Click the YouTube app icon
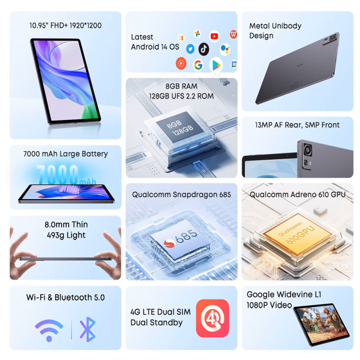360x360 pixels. [214, 36]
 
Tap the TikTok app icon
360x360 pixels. [204, 49]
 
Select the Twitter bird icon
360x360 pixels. [190, 49]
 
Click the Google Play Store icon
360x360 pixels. [216, 65]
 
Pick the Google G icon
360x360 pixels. [198, 65]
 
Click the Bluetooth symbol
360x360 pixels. [88, 329]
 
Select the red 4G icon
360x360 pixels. [212, 318]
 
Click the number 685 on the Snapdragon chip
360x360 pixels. [186, 237]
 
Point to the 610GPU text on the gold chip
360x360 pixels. [300, 234]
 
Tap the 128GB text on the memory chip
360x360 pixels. [183, 130]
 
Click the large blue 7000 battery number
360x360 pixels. [58, 175]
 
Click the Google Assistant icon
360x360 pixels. [225, 49]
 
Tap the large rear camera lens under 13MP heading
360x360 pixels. [307, 150]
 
